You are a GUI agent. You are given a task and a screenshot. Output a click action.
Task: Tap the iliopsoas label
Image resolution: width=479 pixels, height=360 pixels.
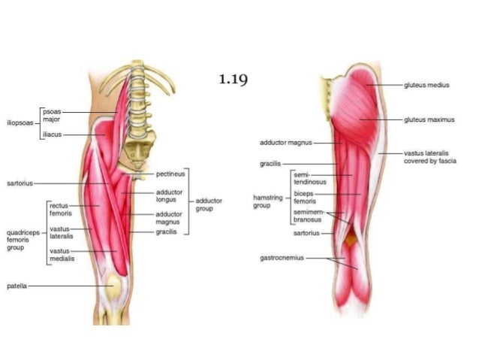tap(20, 122)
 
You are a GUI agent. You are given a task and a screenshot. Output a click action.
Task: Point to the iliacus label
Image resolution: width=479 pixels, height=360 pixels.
tap(53, 134)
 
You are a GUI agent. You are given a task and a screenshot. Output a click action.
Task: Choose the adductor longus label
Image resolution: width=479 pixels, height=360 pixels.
tap(167, 195)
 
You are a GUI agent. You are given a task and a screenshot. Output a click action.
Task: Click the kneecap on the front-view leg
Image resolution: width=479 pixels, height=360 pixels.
tap(112, 286)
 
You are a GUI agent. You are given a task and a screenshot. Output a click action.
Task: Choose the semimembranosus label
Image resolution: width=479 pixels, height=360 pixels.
tap(306, 216)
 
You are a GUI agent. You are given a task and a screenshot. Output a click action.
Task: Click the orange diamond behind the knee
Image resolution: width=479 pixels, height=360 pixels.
tap(351, 240)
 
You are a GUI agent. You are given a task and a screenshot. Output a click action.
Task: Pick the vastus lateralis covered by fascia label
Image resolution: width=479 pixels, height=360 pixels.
tap(426, 156)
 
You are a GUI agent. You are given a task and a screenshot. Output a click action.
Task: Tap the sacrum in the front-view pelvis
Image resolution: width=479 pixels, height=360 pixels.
tap(140, 151)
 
